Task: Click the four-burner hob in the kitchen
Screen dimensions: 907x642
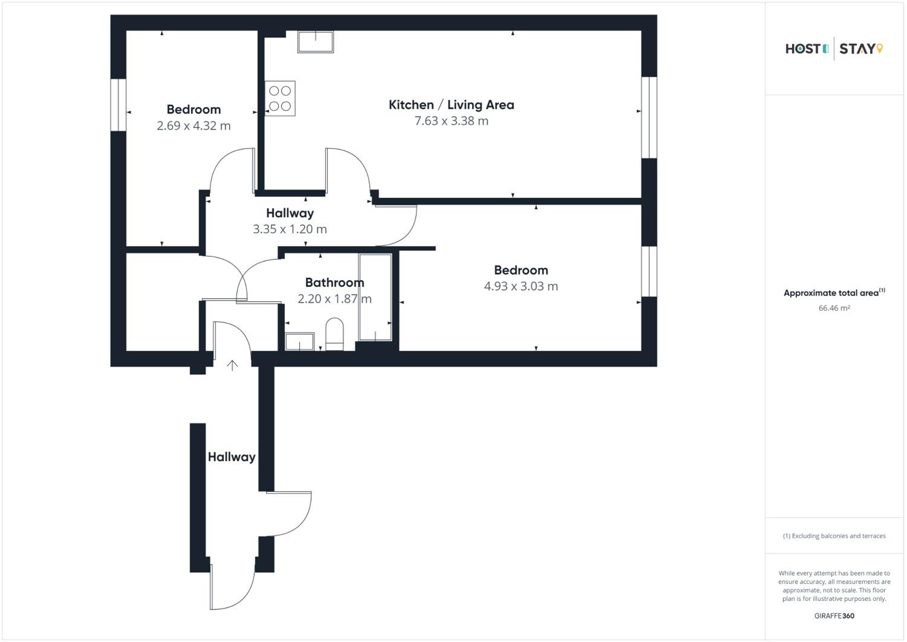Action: point(280,98)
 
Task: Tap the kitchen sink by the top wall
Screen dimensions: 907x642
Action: point(316,41)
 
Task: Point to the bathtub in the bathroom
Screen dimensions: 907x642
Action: point(375,297)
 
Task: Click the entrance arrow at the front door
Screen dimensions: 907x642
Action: point(232,365)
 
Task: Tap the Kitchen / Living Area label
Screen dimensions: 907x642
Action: point(451,105)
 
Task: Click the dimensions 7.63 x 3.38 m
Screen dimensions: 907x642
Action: point(451,121)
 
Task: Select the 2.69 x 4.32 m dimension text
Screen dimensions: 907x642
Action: point(193,126)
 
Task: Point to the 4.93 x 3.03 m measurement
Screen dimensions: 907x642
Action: point(521,286)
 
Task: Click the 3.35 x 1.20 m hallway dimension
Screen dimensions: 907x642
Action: point(290,229)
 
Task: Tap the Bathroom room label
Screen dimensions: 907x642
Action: point(335,283)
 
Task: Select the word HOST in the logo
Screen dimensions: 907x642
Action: point(803,49)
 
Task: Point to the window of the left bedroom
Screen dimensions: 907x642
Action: point(119,105)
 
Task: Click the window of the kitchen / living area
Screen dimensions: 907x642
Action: point(649,117)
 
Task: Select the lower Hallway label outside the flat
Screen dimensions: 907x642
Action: point(232,457)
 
